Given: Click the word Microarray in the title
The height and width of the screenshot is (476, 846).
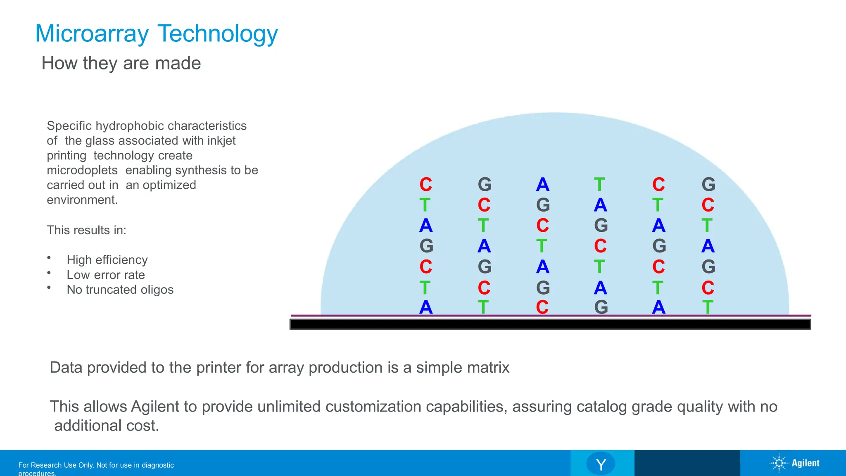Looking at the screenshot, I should point(92,34).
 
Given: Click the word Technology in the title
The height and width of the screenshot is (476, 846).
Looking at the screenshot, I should point(218,34).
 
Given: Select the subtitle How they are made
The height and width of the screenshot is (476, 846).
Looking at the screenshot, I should point(121,63).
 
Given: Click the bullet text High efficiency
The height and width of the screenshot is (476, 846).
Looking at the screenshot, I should point(107,260).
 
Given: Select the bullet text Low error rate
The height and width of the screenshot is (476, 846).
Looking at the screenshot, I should point(106,275).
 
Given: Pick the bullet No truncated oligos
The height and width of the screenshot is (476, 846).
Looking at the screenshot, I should point(120,290).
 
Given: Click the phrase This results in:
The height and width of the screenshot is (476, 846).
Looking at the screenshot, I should point(86,230).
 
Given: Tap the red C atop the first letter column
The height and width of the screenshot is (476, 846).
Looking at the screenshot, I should point(426,185).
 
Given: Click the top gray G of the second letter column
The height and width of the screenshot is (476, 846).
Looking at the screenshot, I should point(485,185).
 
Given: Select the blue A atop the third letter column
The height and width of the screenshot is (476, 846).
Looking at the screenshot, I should point(543,185).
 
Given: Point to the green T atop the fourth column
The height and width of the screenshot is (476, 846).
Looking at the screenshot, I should point(600,185).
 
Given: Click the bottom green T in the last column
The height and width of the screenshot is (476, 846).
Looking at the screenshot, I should point(708,307).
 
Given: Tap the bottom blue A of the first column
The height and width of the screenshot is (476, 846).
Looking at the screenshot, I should point(426,307).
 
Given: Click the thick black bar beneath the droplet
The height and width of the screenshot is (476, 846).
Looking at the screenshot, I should point(550,324).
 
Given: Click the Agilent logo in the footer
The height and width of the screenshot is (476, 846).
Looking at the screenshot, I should point(795,463).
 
